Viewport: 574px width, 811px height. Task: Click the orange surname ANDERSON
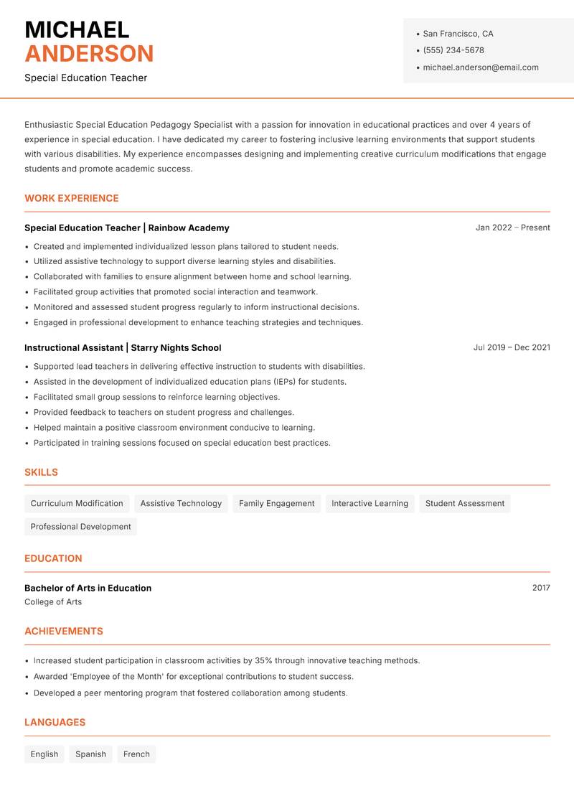point(89,54)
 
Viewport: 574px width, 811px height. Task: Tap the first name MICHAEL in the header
point(77,29)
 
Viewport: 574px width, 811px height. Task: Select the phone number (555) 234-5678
point(453,50)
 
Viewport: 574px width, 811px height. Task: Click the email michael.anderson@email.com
point(480,67)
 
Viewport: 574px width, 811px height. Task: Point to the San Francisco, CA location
point(458,34)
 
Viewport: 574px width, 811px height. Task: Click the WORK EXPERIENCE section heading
point(72,198)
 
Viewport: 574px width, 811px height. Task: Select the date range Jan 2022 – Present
point(512,228)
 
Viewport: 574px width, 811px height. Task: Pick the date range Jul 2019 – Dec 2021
point(512,347)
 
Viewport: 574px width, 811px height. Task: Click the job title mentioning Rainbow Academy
point(127,228)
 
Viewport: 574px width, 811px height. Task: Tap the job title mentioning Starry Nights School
point(123,347)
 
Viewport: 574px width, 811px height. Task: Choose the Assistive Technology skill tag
point(181,503)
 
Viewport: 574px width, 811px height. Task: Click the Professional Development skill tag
point(80,526)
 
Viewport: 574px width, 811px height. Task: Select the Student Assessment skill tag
point(464,503)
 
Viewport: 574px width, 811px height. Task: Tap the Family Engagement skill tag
point(276,503)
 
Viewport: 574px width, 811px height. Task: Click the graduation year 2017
point(541,588)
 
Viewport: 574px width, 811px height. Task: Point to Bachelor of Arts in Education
point(88,588)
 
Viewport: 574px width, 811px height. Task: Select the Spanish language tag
point(90,754)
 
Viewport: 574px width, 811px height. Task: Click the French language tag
point(136,754)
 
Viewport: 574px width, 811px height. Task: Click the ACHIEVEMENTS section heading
point(64,631)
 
